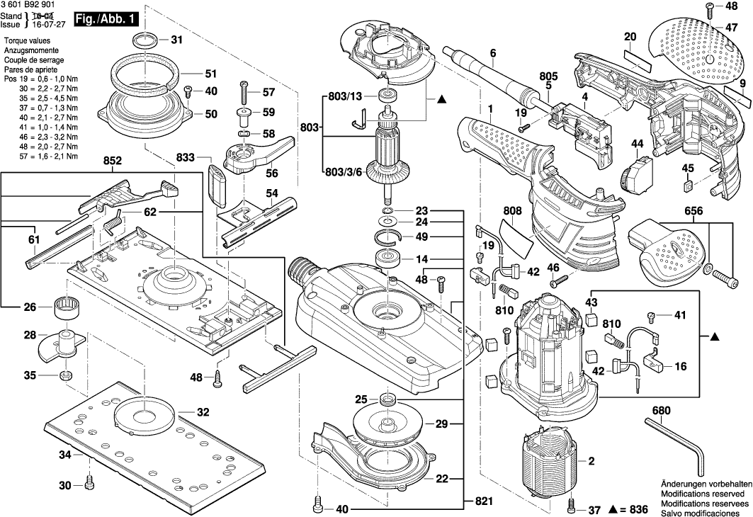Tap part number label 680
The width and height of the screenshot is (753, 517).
(661, 411)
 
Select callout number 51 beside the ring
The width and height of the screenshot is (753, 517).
(210, 73)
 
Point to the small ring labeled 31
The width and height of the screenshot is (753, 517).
(146, 39)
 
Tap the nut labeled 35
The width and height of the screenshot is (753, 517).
(65, 375)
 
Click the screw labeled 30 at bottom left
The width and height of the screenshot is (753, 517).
(89, 484)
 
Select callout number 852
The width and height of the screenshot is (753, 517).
(112, 162)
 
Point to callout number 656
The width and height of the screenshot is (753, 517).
(693, 212)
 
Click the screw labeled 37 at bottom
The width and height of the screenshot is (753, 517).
(573, 507)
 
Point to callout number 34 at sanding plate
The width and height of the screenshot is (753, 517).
(65, 454)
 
